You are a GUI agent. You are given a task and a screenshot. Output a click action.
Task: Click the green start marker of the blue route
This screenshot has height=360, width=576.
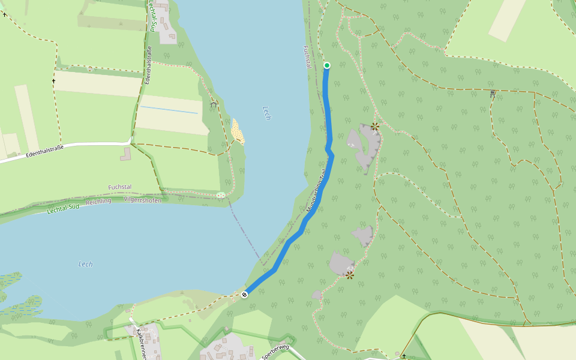pyautogui.click(x=327, y=65)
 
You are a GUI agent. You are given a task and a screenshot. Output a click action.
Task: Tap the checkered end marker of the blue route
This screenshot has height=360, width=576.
pyautogui.click(x=244, y=294)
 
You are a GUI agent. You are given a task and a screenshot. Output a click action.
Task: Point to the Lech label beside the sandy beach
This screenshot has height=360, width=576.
pyautogui.click(x=267, y=113)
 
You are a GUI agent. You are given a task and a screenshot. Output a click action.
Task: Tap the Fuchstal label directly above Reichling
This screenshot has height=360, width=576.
pyautogui.click(x=120, y=187)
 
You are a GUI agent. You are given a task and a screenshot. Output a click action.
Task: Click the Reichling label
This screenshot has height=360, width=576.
pyautogui.click(x=99, y=202)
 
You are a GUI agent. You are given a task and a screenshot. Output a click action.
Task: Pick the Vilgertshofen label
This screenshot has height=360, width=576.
pyautogui.click(x=142, y=200)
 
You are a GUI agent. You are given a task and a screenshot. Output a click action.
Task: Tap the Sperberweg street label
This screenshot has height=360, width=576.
pyautogui.click(x=275, y=352)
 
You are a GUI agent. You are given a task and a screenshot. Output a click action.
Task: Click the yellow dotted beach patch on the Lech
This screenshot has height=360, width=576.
pyautogui.click(x=238, y=130)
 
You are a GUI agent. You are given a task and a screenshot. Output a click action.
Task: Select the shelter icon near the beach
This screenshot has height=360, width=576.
pyautogui.click(x=214, y=104)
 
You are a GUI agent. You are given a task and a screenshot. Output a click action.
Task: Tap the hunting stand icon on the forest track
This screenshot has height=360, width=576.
pyautogui.click(x=493, y=94)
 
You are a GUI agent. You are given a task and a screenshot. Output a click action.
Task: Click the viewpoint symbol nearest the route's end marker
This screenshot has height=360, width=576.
pyautogui.click(x=349, y=275)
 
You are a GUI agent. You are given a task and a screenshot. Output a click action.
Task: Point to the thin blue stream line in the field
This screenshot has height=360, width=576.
pyautogui.click(x=169, y=110)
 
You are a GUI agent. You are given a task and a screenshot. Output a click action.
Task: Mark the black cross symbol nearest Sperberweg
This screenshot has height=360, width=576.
pyautogui.click(x=404, y=356)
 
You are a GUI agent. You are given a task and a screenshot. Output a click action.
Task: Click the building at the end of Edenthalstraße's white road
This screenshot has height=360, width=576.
pyautogui.click(x=125, y=154)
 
